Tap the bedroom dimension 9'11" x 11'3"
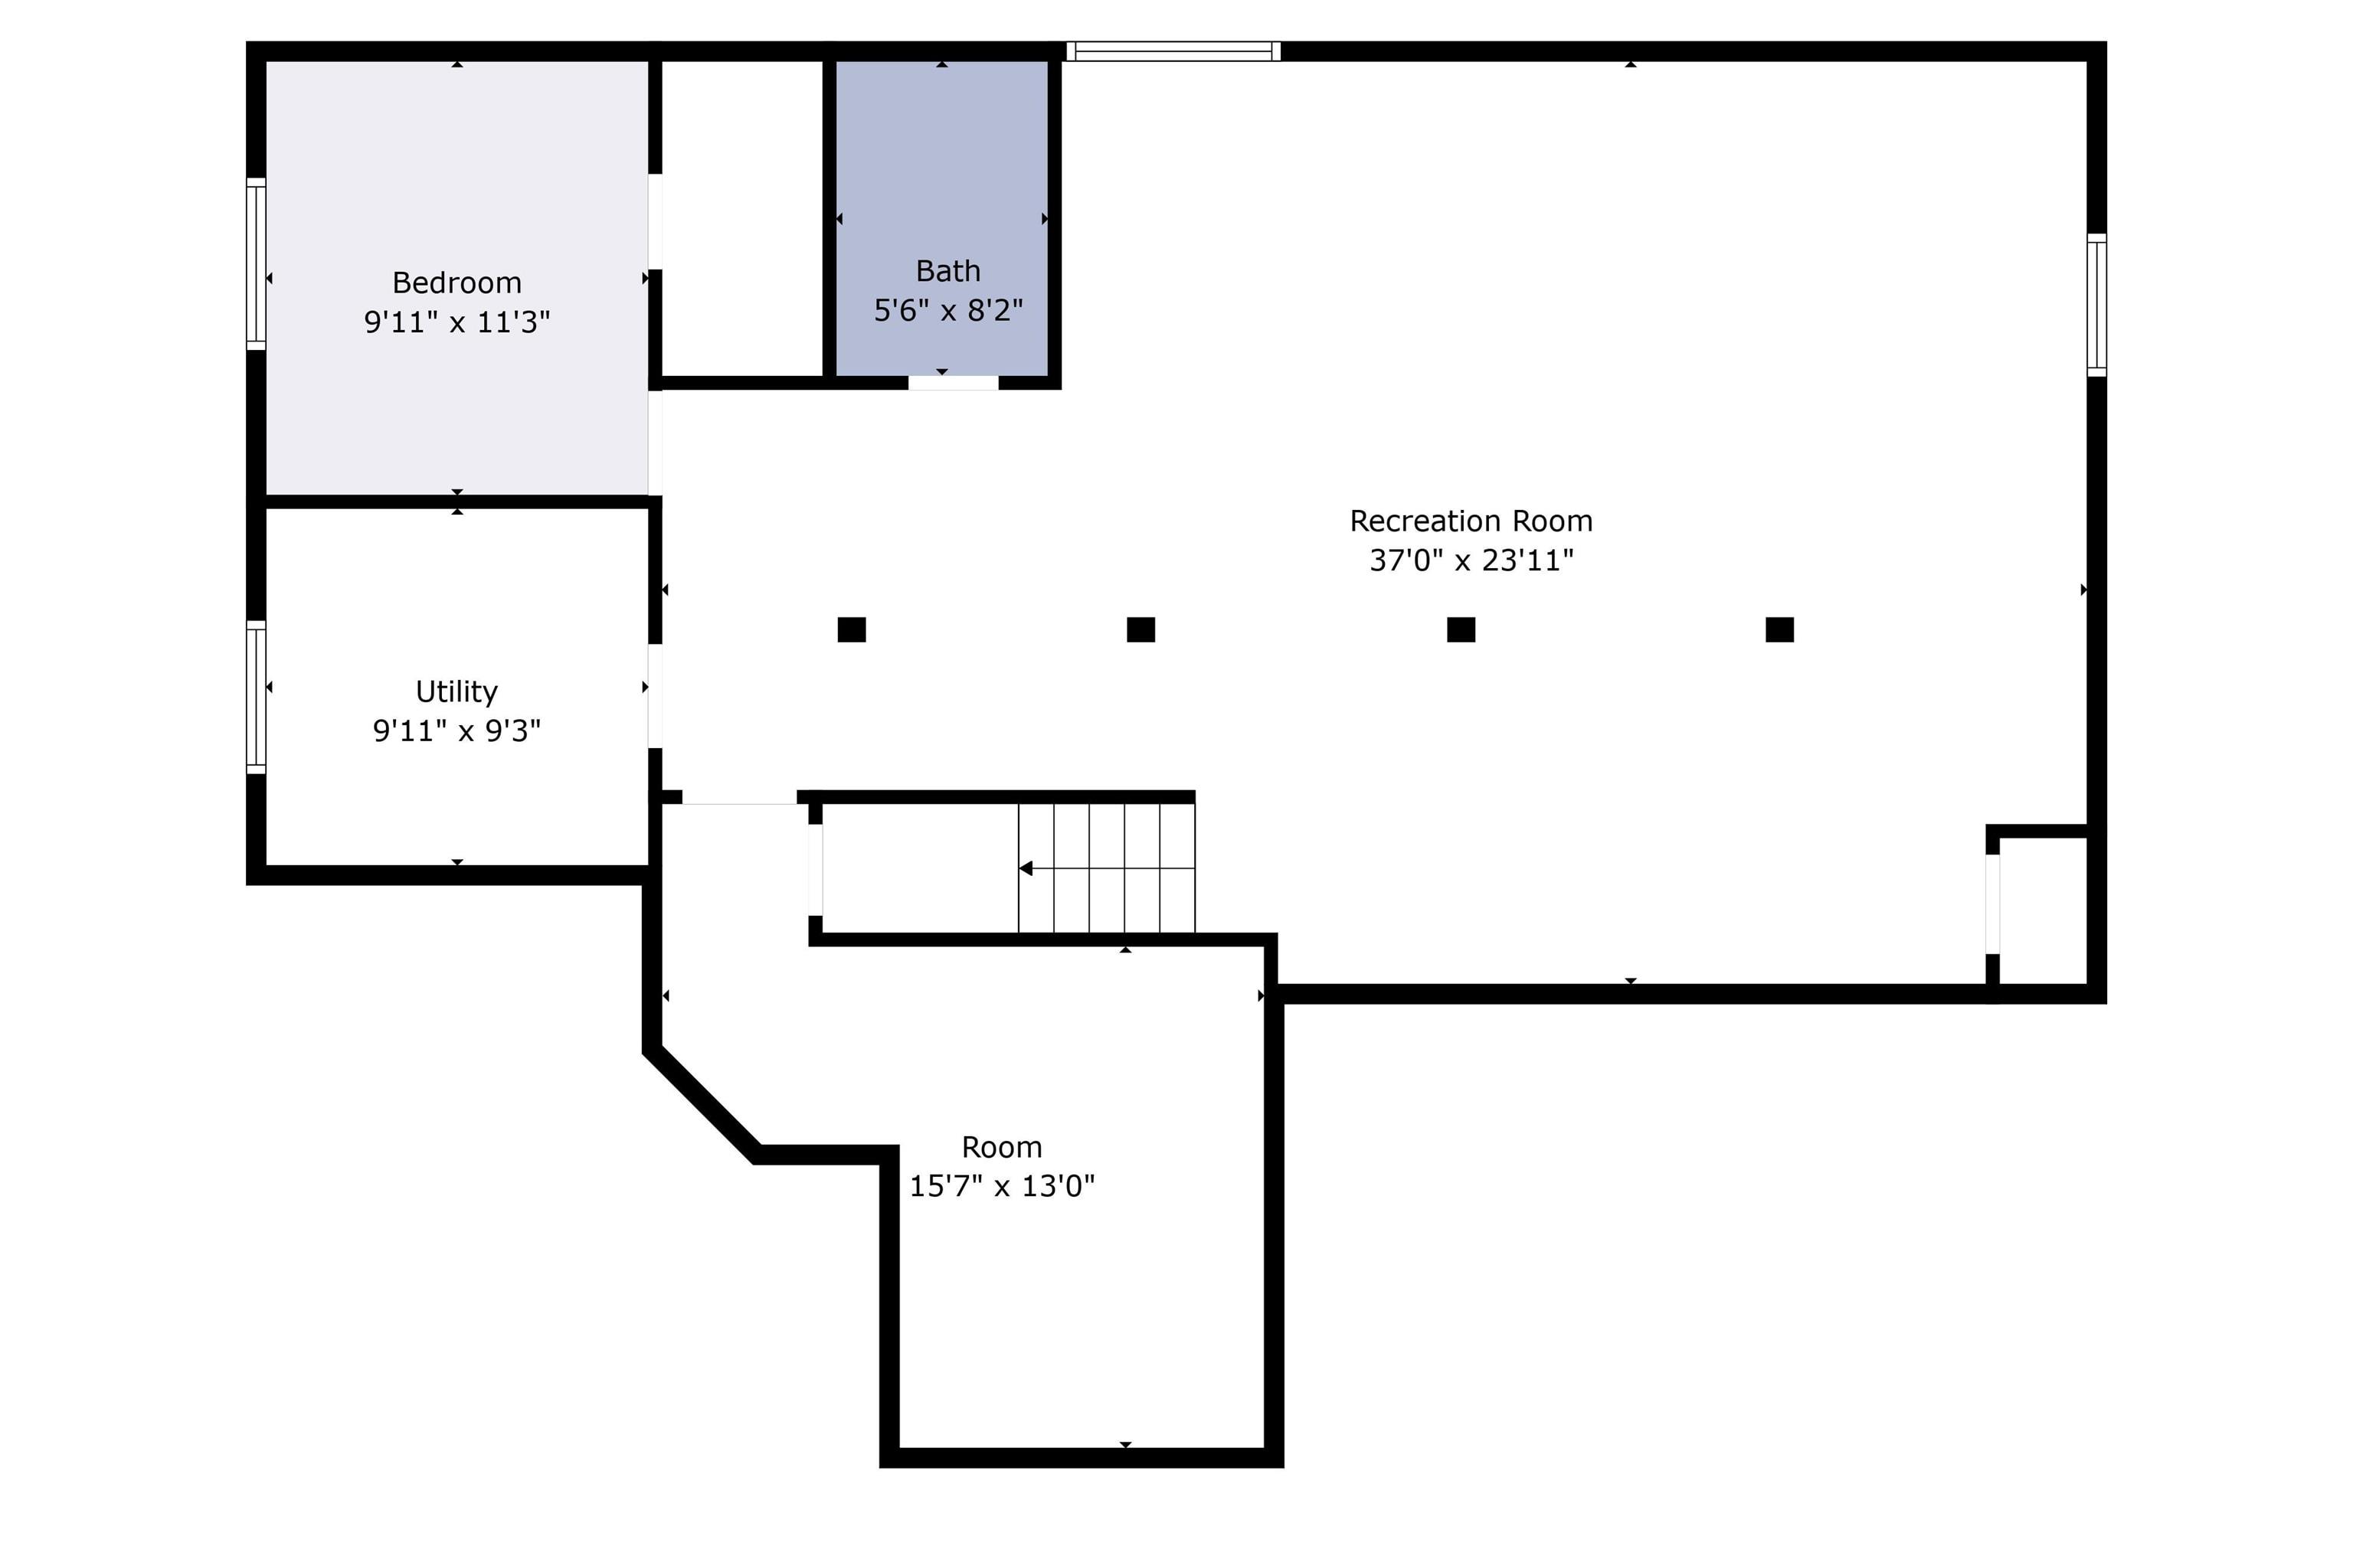click(x=457, y=322)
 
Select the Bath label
click(x=947, y=271)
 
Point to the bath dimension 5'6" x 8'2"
click(x=947, y=310)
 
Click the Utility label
click(x=457, y=691)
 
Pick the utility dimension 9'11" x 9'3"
click(x=457, y=730)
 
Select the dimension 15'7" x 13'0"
click(x=1002, y=1186)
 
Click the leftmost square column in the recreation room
click(x=851, y=629)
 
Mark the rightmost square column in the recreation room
click(x=1779, y=629)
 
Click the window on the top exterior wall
click(x=1173, y=51)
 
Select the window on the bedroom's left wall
click(x=256, y=264)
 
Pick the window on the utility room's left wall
click(x=256, y=697)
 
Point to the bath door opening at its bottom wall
click(x=953, y=383)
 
